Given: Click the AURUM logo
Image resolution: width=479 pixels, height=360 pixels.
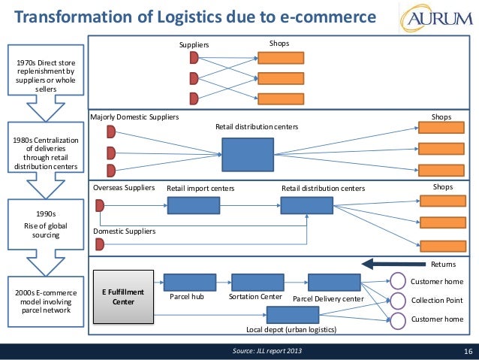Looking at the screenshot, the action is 436,18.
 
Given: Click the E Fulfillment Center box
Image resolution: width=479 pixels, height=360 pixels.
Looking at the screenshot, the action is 123,297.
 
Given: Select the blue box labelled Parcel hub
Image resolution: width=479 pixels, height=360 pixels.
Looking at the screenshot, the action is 190,283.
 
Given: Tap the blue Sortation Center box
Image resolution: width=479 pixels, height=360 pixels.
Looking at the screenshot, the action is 258,283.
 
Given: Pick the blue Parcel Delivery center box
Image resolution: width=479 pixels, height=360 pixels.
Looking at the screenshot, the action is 335,283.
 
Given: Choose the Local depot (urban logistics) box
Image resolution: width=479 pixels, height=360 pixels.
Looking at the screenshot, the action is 293,315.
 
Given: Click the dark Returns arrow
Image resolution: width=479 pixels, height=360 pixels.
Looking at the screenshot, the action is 393,264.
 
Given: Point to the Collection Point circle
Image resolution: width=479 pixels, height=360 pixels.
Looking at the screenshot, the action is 398,301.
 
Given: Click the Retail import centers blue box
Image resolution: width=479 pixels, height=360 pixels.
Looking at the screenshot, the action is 194,205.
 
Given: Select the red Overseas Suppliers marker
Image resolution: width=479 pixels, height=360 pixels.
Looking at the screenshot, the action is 100,205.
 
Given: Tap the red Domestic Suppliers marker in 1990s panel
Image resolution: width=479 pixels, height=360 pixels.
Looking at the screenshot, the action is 100,245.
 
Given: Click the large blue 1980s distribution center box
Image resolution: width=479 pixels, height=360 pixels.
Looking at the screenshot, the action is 248,155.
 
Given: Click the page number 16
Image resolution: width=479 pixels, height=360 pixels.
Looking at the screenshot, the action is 468,352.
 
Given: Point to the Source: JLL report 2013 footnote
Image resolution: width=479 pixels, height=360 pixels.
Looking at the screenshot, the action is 267,351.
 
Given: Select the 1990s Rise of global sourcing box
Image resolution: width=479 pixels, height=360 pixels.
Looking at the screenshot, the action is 46,224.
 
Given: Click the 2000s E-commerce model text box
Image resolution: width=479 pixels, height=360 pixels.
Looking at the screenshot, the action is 46,301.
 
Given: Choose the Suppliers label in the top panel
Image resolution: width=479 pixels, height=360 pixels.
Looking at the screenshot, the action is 194,45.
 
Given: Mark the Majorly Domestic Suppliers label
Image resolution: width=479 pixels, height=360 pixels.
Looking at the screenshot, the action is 134,117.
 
